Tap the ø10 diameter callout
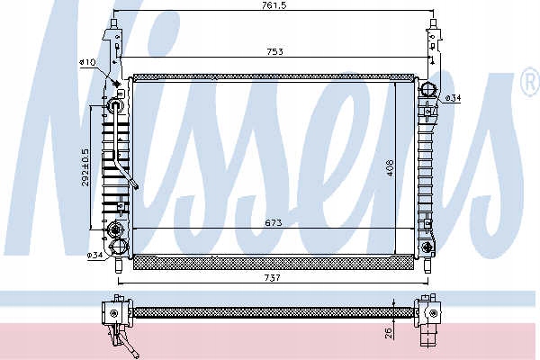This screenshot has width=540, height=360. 88,62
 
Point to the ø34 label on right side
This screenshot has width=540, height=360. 455,97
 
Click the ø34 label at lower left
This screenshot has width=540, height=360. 94,256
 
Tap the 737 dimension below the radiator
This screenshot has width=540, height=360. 273,279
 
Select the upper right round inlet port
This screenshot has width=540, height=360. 428,90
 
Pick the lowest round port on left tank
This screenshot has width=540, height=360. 116,248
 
